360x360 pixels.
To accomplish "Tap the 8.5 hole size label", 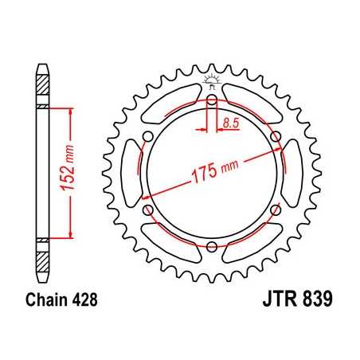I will (x=231, y=122).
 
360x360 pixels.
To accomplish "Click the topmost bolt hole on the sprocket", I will (x=211, y=101).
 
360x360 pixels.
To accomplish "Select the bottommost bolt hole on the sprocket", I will (x=211, y=248).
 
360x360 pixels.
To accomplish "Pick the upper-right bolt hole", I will (x=275, y=138).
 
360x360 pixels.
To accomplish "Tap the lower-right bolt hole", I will (x=275, y=210).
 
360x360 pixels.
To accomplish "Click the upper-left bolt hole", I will (x=148, y=138).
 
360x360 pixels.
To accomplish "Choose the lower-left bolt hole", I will (x=148, y=210).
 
